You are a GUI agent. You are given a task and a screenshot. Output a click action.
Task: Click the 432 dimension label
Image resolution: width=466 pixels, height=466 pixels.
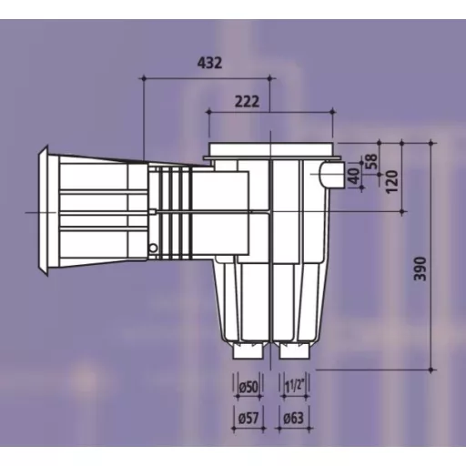click(209, 63)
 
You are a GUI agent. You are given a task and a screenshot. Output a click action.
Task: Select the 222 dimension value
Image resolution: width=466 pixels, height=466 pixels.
click(248, 101)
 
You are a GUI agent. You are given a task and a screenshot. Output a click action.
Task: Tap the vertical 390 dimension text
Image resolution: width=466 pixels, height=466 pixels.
click(420, 268)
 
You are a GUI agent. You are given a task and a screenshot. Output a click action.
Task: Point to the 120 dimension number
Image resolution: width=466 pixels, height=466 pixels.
click(391, 181)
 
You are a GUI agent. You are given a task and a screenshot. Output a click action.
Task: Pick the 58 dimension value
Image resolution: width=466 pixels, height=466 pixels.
click(371, 161)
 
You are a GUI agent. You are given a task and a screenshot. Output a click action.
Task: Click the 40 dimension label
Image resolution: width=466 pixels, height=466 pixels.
click(354, 176)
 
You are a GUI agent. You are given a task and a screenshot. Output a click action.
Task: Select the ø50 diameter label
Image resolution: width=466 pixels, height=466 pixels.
click(248, 387)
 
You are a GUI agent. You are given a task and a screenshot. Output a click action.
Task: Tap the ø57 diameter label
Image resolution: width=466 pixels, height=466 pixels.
click(248, 419)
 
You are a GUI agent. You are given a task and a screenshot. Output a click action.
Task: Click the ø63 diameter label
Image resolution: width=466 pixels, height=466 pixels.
click(293, 419)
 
